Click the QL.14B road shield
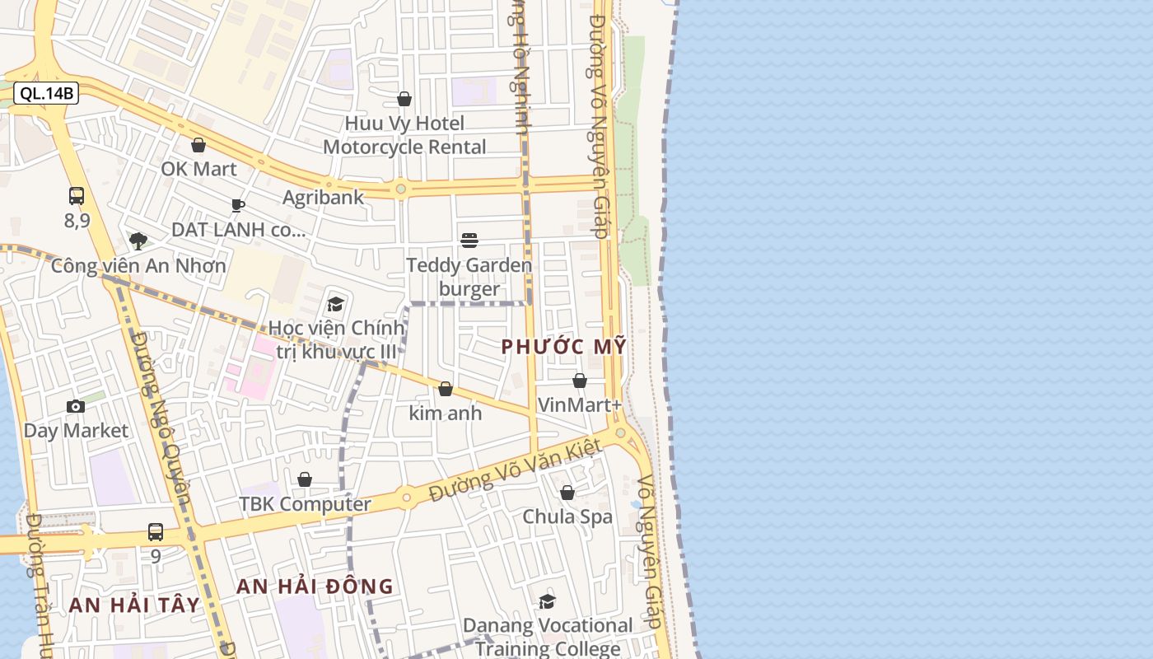[47, 93]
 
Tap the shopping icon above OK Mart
[198, 146]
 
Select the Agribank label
[323, 198]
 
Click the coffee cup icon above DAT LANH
[238, 205]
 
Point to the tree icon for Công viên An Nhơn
[138, 241]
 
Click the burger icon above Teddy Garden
[469, 240]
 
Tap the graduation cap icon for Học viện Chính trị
[335, 304]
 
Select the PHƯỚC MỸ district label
[564, 347]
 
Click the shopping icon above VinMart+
[580, 381]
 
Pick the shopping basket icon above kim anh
[446, 389]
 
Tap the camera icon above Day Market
[76, 406]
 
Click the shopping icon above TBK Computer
[305, 479]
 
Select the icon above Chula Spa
[567, 493]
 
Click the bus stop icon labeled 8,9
[77, 196]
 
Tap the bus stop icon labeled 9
[156, 532]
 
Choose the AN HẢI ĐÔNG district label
[315, 587]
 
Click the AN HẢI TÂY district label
[134, 605]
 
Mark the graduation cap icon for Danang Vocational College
[547, 601]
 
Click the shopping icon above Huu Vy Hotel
[404, 99]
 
